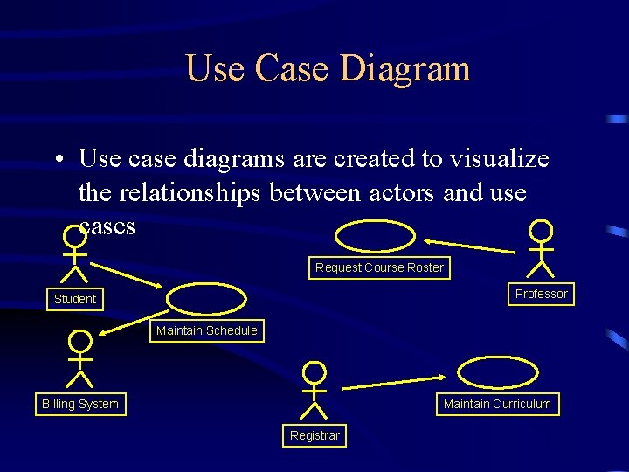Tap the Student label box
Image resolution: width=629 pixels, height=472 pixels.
pyautogui.click(x=75, y=299)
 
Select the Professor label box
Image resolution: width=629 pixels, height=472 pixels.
pyautogui.click(x=541, y=294)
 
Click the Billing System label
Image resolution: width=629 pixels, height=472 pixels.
pyautogui.click(x=80, y=404)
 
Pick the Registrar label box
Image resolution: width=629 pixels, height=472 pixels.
pyautogui.click(x=314, y=435)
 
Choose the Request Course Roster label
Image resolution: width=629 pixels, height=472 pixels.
pyautogui.click(x=379, y=267)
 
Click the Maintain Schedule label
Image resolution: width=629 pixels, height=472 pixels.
pyautogui.click(x=206, y=330)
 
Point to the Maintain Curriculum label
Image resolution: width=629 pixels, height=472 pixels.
pyautogui.click(x=497, y=404)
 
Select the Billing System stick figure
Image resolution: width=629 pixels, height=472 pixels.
pyautogui.click(x=80, y=358)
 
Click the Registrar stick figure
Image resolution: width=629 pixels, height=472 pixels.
pyautogui.click(x=314, y=390)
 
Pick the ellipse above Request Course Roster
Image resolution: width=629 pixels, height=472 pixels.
pyautogui.click(x=377, y=236)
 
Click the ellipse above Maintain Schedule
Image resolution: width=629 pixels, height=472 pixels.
pyautogui.click(x=207, y=299)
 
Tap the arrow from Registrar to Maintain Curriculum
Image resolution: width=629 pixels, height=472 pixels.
pyautogui.click(x=393, y=382)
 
